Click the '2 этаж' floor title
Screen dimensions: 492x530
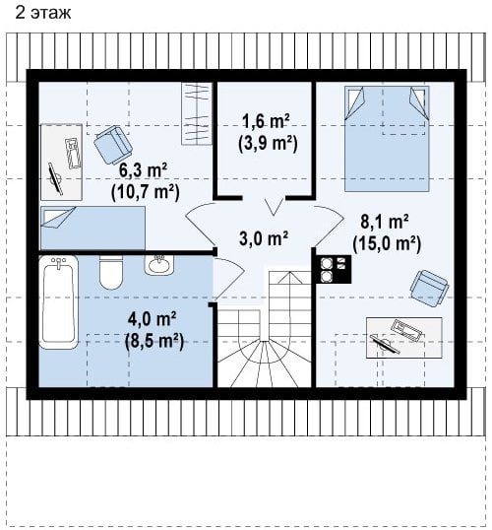(x=43, y=13)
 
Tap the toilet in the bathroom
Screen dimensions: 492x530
(x=111, y=273)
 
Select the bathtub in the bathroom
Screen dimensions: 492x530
(x=59, y=302)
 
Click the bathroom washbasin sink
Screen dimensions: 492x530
(x=159, y=265)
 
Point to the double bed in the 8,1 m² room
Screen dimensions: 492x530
(x=387, y=139)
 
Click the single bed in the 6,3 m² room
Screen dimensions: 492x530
(x=92, y=229)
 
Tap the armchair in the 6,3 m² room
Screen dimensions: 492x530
(x=113, y=145)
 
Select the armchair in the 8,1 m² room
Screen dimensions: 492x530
(x=430, y=289)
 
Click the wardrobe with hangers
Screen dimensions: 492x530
(x=197, y=113)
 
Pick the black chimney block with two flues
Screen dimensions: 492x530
(x=334, y=269)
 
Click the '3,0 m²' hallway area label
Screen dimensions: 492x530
(x=264, y=238)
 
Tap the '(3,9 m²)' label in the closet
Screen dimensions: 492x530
(x=268, y=144)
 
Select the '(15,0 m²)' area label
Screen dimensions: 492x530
(x=387, y=243)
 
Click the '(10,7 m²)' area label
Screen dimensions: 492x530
(x=146, y=192)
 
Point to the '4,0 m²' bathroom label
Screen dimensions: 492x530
(x=152, y=319)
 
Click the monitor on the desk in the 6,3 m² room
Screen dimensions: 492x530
(x=55, y=178)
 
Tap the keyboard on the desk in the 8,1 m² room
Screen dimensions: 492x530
(x=407, y=330)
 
